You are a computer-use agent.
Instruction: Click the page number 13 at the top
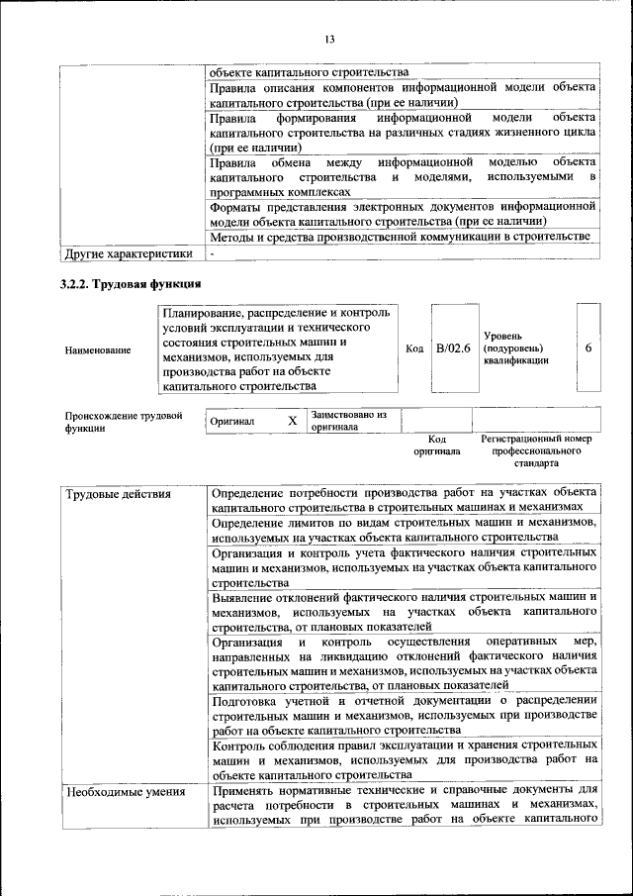(328, 39)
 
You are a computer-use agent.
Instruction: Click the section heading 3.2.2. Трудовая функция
(125, 286)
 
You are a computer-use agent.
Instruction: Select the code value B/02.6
(454, 348)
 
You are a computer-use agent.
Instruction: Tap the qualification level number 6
(588, 348)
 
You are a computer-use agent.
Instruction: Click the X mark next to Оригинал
(292, 421)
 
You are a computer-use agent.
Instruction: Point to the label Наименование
(97, 349)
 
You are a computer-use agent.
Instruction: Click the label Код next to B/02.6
(415, 348)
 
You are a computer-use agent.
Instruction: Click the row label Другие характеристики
(128, 254)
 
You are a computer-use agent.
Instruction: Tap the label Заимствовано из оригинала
(347, 421)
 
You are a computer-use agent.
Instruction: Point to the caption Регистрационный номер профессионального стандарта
(535, 449)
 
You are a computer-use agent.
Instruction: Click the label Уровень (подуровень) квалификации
(515, 348)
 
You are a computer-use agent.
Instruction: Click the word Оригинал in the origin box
(233, 422)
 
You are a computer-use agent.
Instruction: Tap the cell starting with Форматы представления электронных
(404, 214)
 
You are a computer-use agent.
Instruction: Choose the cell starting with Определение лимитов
(404, 529)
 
